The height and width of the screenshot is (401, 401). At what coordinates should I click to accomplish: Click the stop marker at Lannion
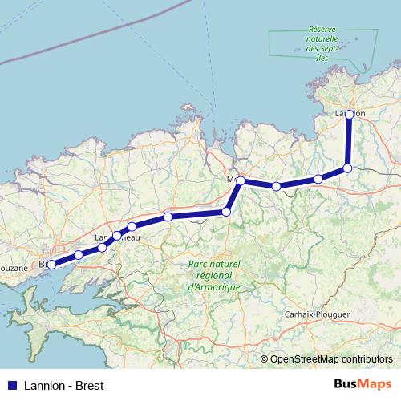350,114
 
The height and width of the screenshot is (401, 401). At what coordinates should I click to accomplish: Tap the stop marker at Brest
51,264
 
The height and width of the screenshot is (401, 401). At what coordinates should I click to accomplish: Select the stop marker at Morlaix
241,181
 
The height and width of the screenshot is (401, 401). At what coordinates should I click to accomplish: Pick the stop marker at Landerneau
117,236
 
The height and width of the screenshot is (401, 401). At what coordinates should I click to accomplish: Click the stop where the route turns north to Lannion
347,168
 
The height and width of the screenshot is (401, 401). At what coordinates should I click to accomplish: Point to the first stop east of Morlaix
277,186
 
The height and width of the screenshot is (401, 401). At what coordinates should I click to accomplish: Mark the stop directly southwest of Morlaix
226,212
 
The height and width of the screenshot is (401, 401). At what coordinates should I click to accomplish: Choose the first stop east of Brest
79,255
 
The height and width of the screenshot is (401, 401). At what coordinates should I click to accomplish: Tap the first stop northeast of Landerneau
132,227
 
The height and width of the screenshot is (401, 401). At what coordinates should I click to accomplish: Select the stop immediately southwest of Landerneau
102,248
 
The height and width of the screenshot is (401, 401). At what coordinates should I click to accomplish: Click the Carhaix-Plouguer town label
318,314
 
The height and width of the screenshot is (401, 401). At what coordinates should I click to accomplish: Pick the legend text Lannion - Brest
60,385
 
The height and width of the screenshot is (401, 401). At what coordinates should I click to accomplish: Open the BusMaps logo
362,384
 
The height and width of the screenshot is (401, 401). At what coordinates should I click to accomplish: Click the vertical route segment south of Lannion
349,141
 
